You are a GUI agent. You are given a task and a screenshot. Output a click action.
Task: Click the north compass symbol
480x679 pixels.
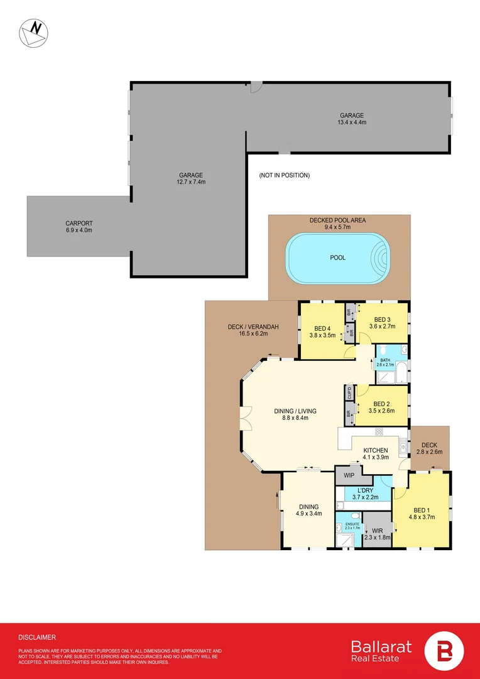click(33, 33)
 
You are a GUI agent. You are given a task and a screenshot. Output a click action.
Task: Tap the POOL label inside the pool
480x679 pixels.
click(337, 258)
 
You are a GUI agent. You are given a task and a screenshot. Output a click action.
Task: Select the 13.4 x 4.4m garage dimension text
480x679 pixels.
click(352, 123)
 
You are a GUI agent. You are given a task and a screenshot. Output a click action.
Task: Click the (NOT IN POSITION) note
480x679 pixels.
click(284, 175)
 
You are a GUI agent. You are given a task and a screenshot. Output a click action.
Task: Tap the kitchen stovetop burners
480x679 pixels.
click(379, 432)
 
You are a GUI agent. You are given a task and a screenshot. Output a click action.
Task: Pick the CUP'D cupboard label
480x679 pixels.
click(349, 394)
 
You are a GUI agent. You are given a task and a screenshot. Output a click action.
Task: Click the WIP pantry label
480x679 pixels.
click(348, 475)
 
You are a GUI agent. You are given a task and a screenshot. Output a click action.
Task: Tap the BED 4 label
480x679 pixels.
click(324, 328)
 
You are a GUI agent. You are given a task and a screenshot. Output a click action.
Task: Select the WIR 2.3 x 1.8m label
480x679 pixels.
click(377, 534)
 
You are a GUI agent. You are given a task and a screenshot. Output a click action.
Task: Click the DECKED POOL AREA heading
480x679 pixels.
click(337, 220)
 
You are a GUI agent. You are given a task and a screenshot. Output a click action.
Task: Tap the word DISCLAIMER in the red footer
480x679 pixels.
click(37, 637)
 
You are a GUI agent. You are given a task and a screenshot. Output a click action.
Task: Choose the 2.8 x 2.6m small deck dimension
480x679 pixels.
click(430, 452)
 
